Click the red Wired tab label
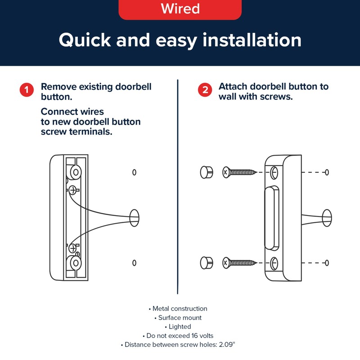[180, 9]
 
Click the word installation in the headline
[252, 40]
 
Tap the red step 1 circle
[27, 90]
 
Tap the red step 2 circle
[205, 90]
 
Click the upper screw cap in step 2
[206, 171]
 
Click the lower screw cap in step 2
[206, 262]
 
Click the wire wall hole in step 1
[134, 217]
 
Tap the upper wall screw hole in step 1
[134, 172]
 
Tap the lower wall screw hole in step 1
[134, 263]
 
